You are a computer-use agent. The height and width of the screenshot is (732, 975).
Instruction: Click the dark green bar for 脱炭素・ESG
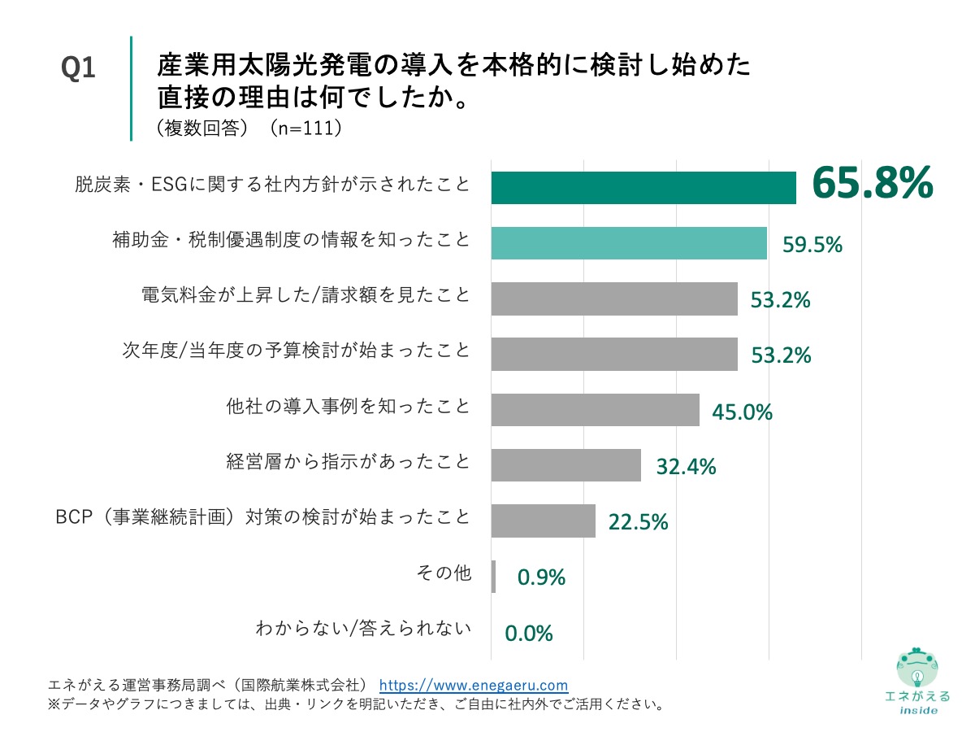pyautogui.click(x=643, y=188)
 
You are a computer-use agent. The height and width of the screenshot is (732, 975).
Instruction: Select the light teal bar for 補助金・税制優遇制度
pyautogui.click(x=629, y=243)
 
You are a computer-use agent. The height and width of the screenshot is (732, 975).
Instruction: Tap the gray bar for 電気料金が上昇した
pyautogui.click(x=614, y=298)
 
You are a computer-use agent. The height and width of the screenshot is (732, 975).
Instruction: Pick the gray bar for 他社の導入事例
pyautogui.click(x=595, y=410)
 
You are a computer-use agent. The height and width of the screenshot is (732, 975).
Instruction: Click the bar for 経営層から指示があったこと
pyautogui.click(x=565, y=465)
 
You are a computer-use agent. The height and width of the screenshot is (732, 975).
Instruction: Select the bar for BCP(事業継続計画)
pyautogui.click(x=543, y=521)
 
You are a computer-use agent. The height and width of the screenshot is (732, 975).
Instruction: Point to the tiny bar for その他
pyautogui.click(x=493, y=576)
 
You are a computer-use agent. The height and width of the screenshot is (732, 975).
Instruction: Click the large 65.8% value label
pyautogui.click(x=872, y=184)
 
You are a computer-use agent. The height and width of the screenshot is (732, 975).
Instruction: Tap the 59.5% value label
pyautogui.click(x=812, y=244)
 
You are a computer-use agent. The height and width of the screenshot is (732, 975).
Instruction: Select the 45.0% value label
pyautogui.click(x=742, y=412)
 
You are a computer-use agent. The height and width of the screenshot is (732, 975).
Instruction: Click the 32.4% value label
pyautogui.click(x=685, y=467)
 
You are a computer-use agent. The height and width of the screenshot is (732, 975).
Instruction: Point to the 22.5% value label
pyautogui.click(x=638, y=522)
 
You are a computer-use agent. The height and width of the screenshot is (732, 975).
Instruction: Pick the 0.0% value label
pyautogui.click(x=529, y=633)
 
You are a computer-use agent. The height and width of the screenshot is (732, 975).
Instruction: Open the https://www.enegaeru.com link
pyautogui.click(x=474, y=685)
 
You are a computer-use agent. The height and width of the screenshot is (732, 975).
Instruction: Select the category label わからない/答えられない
pyautogui.click(x=362, y=628)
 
